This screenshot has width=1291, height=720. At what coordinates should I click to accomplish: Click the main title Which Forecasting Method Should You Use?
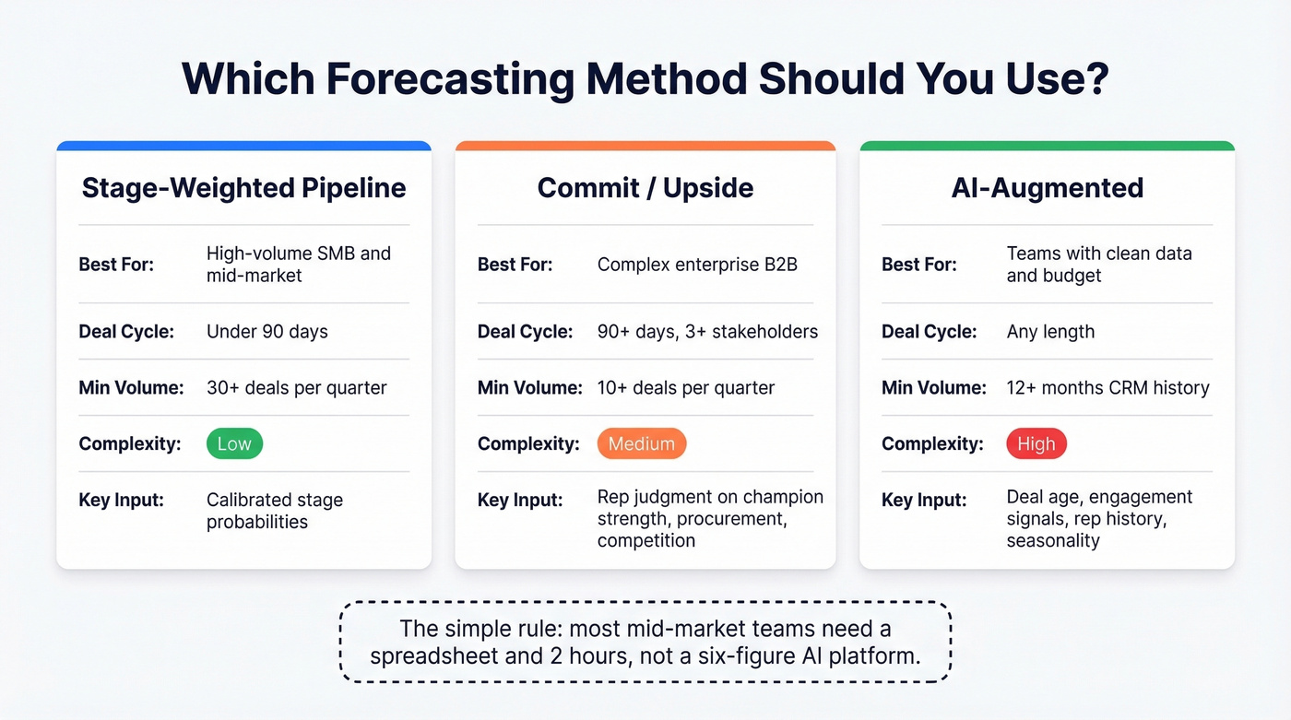[645, 79]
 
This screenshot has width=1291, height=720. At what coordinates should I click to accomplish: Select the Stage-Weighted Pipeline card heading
[243, 188]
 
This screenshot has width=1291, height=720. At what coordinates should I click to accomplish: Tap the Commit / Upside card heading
[645, 188]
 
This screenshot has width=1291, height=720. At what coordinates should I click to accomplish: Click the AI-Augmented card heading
[1047, 188]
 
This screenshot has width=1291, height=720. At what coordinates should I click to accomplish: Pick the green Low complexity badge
[234, 443]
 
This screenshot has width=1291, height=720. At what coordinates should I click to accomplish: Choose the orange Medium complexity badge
[641, 443]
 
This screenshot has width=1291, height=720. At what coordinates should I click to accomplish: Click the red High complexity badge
[1036, 443]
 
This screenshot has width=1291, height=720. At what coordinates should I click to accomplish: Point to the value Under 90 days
[266, 331]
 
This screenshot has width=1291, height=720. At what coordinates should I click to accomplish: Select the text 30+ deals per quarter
[296, 387]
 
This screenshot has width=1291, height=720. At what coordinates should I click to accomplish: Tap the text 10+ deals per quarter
[686, 387]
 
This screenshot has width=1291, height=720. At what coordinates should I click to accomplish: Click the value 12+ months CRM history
[1107, 387]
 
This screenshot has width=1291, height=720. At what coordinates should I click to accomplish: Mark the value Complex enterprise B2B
[697, 265]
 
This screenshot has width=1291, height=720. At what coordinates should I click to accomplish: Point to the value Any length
[1050, 331]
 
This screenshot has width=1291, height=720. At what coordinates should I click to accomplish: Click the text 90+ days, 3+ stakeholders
[707, 331]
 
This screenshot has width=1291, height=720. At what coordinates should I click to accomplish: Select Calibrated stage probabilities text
[274, 511]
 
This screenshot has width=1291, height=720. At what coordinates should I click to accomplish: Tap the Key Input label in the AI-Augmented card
[924, 500]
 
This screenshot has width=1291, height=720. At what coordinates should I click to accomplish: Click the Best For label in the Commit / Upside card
[515, 265]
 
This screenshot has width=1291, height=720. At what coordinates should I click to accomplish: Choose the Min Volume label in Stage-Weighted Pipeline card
[131, 387]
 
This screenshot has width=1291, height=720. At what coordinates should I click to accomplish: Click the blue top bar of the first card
[243, 146]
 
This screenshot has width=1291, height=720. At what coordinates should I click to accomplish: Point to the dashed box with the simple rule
[645, 642]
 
